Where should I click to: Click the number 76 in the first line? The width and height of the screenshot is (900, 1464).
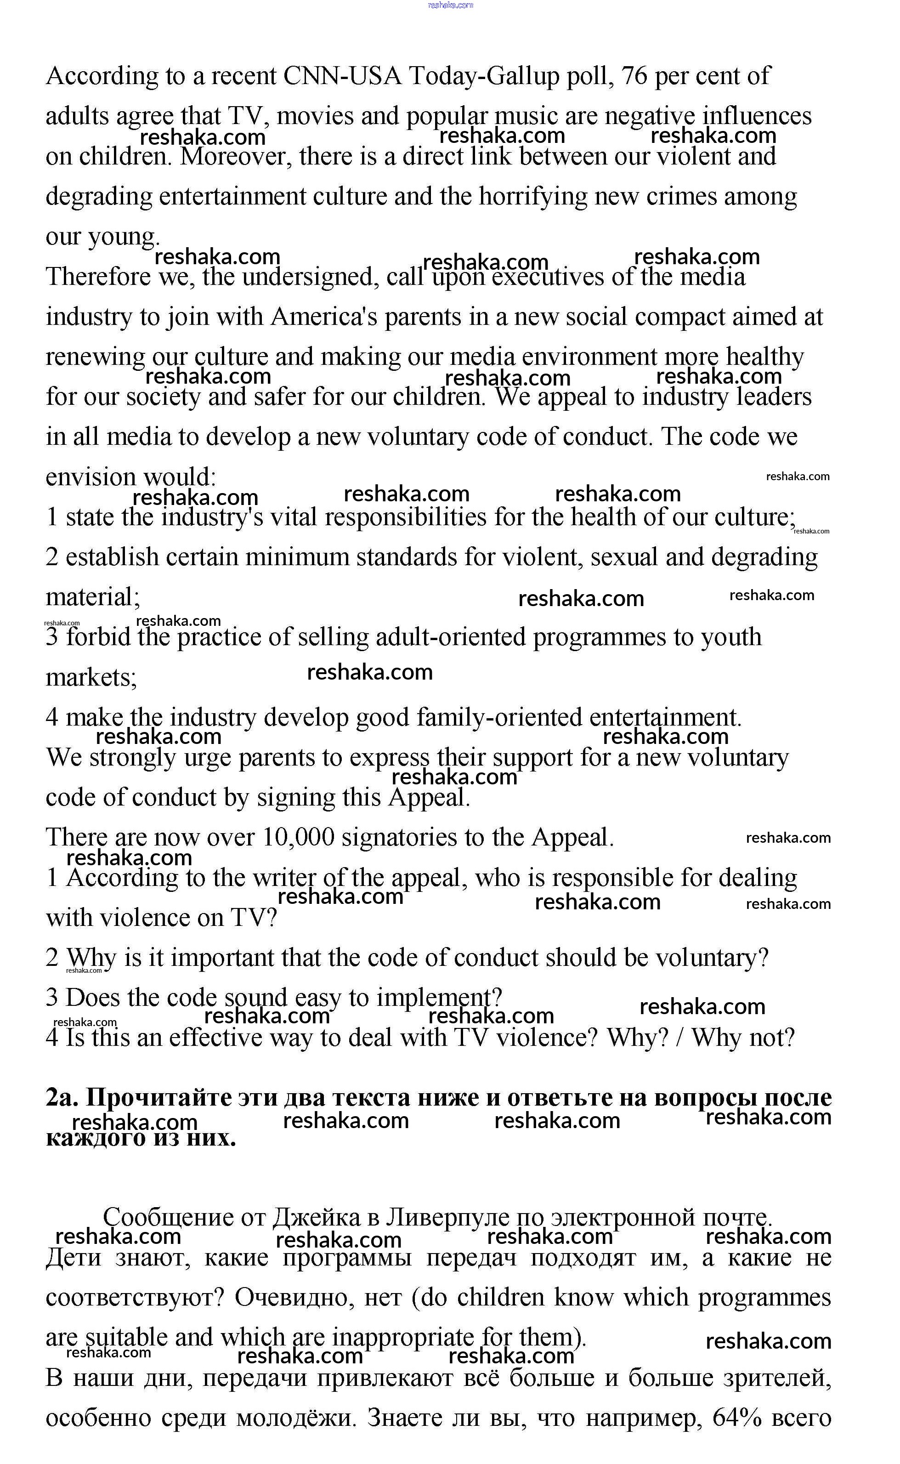(634, 76)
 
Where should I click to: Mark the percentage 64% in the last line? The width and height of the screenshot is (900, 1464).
(737, 1418)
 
